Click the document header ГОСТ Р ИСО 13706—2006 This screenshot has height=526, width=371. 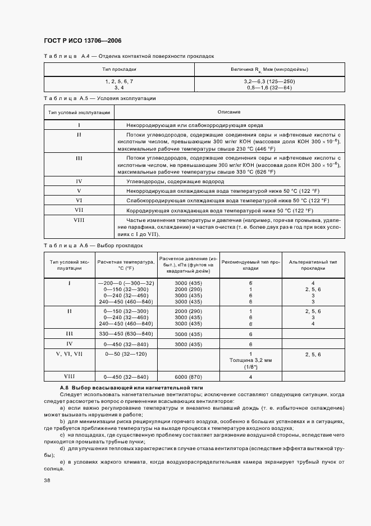pos(82,40)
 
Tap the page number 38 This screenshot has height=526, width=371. pos(47,480)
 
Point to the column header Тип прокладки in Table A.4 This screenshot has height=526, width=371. pos(119,69)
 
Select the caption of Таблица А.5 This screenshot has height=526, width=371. pos(99,98)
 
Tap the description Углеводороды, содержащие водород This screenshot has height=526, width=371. pos(175,182)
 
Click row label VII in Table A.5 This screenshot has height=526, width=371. pos(79,210)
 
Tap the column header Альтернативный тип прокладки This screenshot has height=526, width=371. pos(313,265)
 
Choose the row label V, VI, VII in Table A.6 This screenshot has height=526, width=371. pos(70,354)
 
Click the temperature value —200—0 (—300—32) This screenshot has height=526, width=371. pos(126,283)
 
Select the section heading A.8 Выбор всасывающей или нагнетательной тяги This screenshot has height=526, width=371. pos(131,388)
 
